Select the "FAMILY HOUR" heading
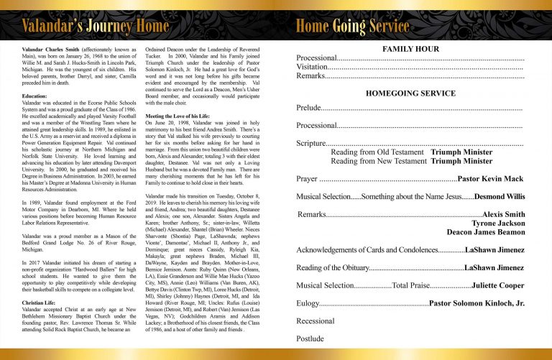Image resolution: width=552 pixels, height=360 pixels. tap(410, 49)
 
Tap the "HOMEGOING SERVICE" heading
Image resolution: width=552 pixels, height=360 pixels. tap(410, 93)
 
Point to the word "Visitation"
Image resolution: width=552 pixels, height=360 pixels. tap(312, 66)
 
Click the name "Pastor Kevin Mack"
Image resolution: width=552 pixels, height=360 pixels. tap(491, 178)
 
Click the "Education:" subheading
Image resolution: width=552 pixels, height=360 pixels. tap(34, 96)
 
